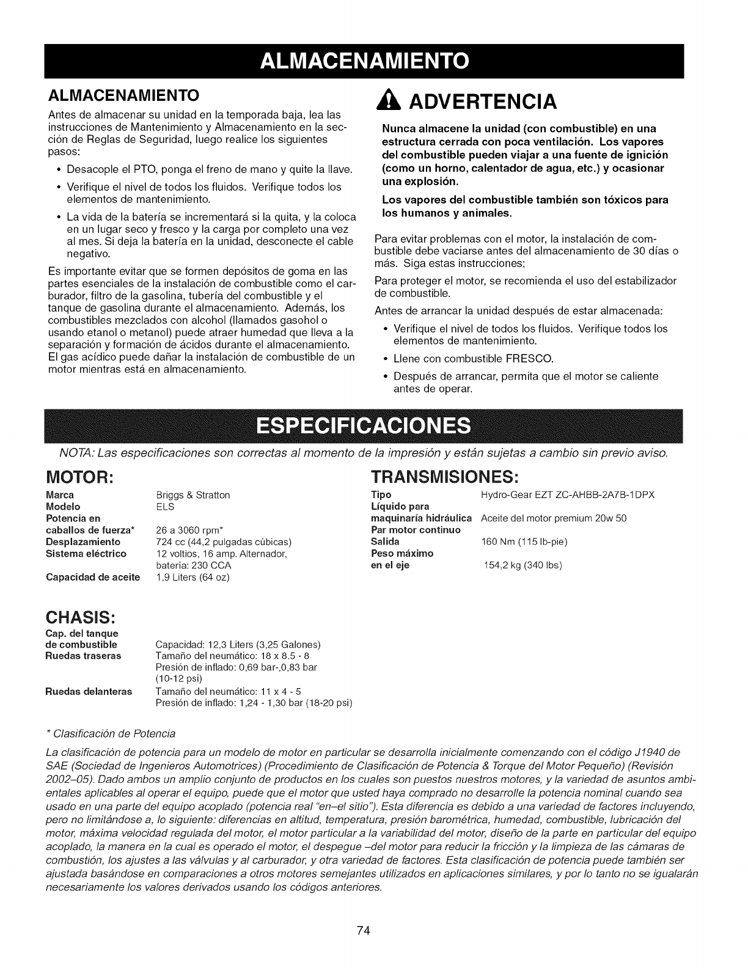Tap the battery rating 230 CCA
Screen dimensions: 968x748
pyautogui.click(x=201, y=565)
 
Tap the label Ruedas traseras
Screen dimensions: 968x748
pyautogui.click(x=84, y=656)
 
